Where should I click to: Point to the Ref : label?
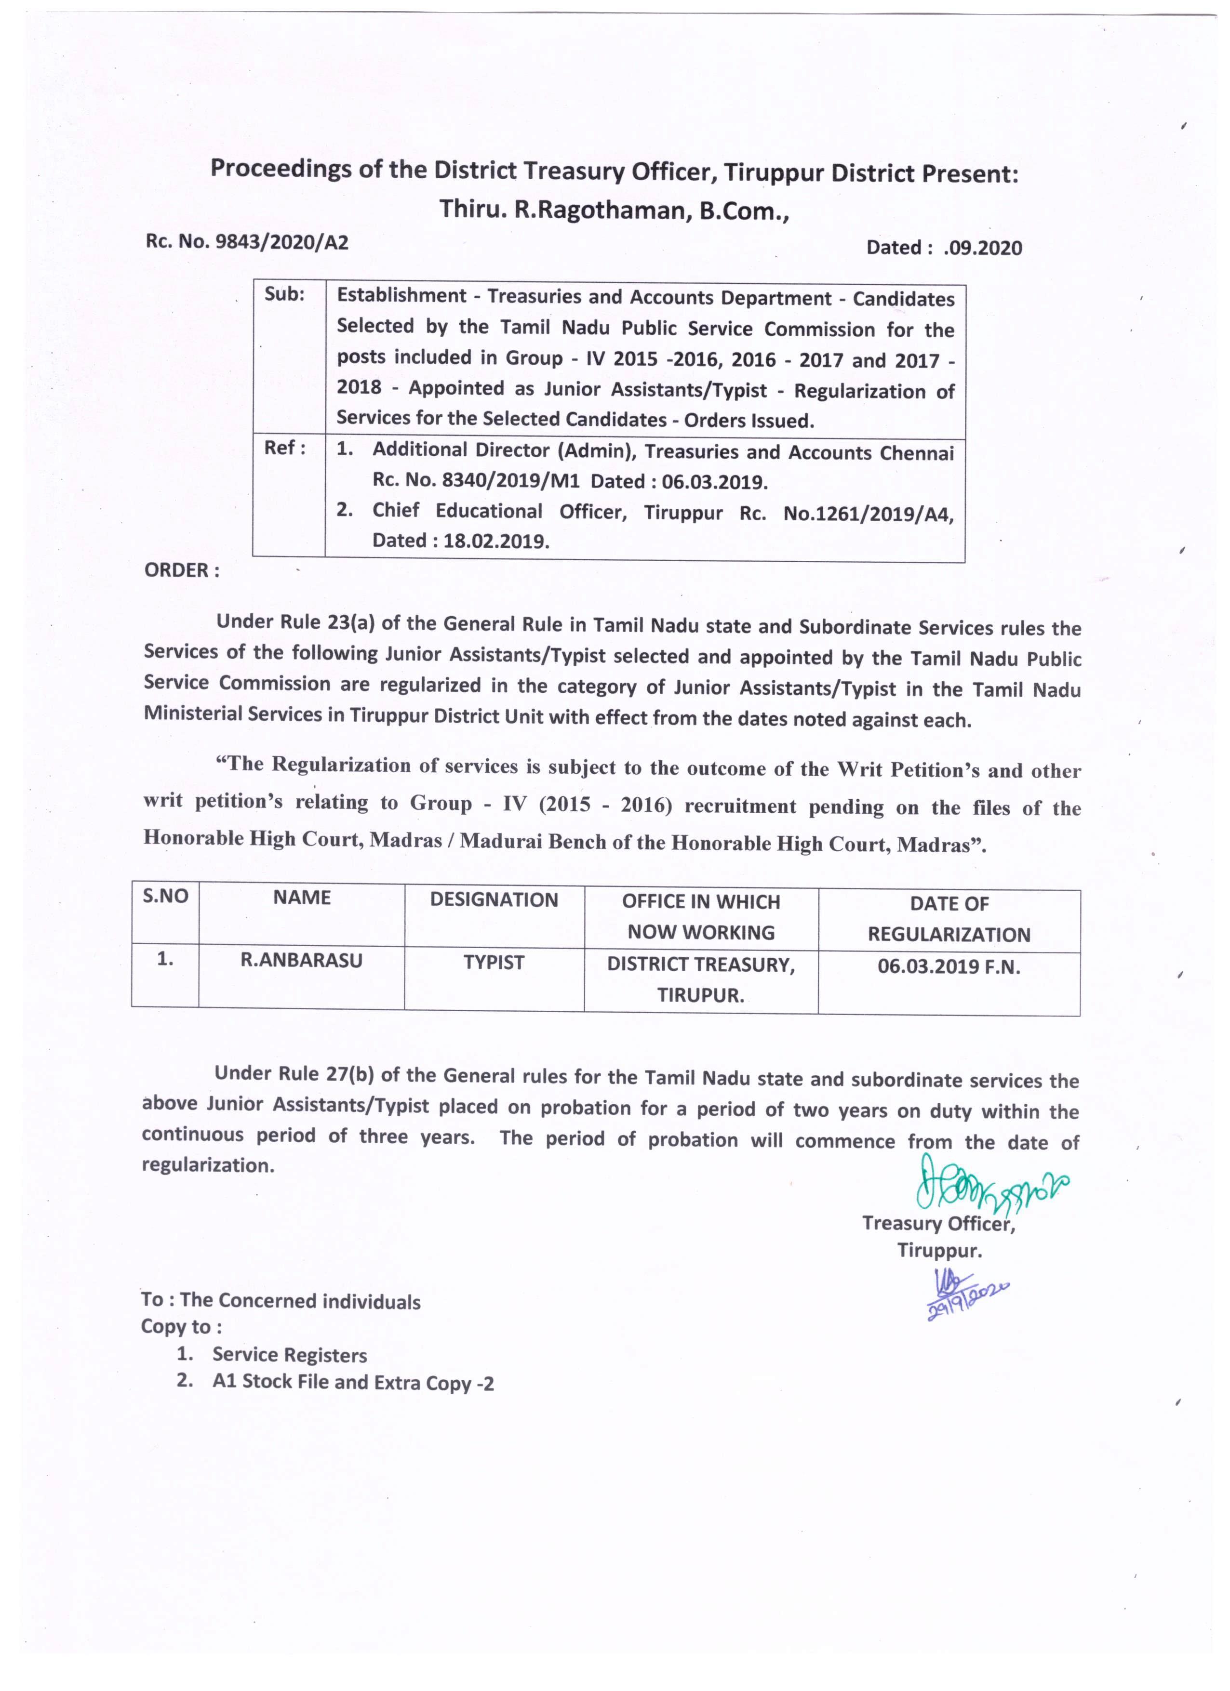(x=284, y=448)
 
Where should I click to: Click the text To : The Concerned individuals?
(x=281, y=1300)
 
